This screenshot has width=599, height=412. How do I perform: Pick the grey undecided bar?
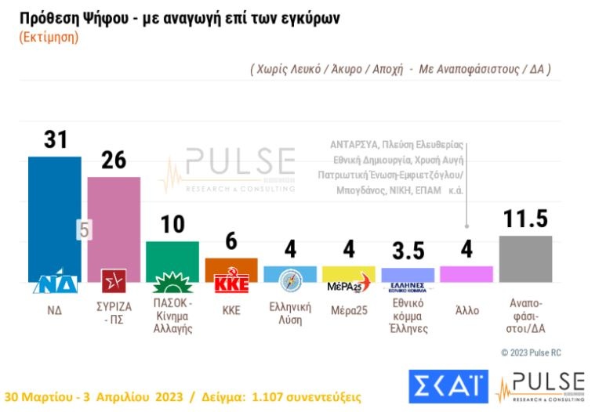click(525, 258)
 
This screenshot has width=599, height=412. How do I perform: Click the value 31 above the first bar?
click(55, 139)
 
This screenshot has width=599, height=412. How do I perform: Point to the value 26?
click(114, 160)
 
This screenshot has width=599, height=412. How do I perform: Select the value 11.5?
click(525, 219)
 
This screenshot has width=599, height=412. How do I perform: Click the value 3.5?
click(408, 251)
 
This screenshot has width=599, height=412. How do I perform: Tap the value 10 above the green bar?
click(172, 224)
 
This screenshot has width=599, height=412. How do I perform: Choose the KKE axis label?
click(231, 309)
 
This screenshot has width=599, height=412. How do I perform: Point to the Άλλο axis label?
click(466, 309)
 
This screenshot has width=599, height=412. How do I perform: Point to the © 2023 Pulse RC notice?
click(531, 352)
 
